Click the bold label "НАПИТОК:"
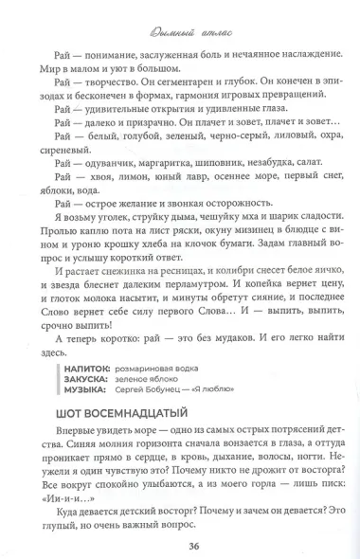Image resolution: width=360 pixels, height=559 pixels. coord(86,340)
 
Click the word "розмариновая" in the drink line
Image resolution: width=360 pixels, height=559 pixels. coord(136,340)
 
